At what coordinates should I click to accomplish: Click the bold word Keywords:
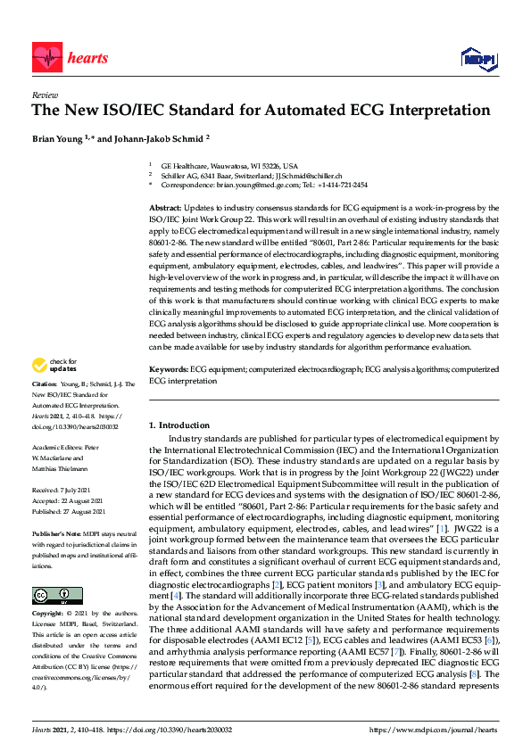(x=168, y=368)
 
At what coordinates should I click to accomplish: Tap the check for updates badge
(x=54, y=366)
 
